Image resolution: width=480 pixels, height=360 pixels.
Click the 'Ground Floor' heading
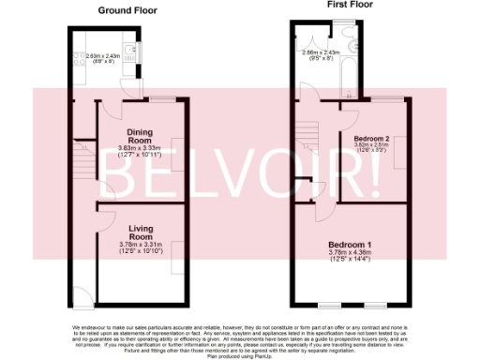point(127,11)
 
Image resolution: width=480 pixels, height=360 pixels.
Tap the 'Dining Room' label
point(140,137)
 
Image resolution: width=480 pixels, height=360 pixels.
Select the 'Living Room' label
point(141,232)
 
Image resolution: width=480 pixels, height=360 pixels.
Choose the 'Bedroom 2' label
point(372,139)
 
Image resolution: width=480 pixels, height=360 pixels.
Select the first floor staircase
point(306,141)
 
